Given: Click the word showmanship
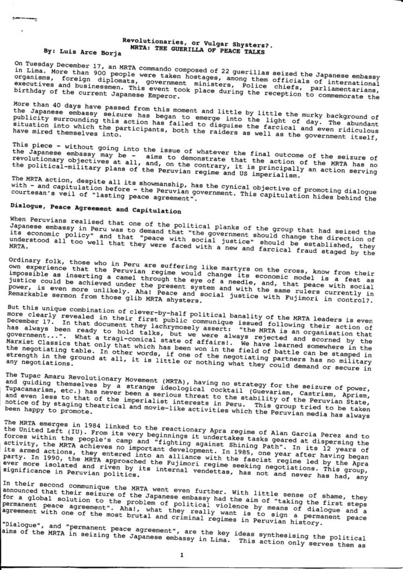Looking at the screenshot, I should pyautogui.click(x=158, y=182).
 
